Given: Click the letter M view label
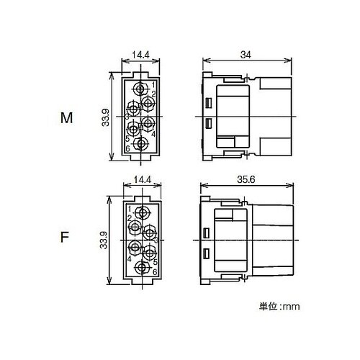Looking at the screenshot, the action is pos(66,118).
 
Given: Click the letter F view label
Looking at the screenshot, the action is pos(65,237).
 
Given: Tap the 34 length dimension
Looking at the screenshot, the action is pos(246,55).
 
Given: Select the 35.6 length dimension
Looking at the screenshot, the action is pos(246,179).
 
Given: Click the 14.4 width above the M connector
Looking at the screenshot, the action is pos(140,55).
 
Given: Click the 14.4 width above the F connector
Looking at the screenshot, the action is pos(143,179).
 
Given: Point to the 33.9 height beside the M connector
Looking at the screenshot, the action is pos(105,117).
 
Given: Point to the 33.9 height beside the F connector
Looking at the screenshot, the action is pos(104,240).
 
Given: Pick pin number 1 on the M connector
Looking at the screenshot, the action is pos(153,85).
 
